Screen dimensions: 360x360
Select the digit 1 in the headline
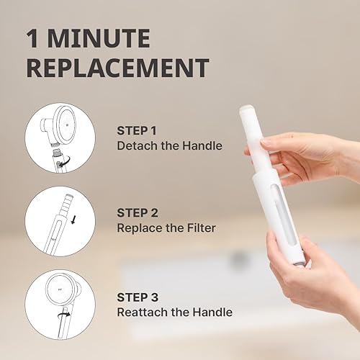[x=32, y=38]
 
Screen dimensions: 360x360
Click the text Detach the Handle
[x=169, y=146]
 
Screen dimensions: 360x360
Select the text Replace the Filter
[x=166, y=228]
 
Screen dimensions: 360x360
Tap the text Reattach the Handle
[x=174, y=312]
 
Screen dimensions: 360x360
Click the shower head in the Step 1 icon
[x=62, y=122]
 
